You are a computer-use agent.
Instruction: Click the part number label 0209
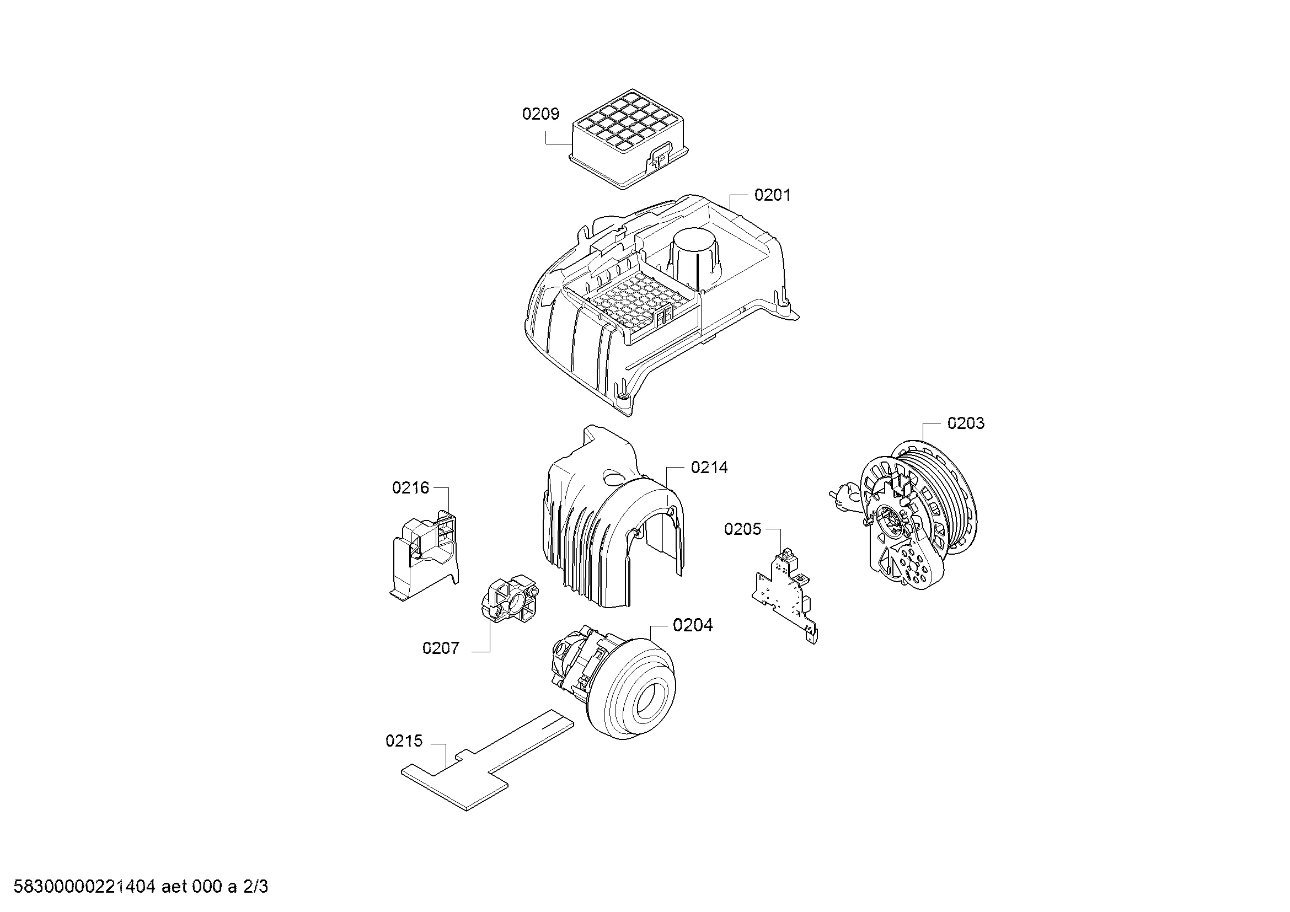(x=540, y=114)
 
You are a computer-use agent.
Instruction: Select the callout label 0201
(x=773, y=195)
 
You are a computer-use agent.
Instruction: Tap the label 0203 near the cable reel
(x=966, y=423)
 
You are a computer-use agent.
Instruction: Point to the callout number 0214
(x=710, y=468)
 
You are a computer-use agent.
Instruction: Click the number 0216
(x=411, y=488)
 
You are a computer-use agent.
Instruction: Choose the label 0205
(x=743, y=529)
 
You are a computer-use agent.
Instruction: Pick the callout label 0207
(x=441, y=648)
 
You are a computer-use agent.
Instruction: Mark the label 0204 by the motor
(x=693, y=625)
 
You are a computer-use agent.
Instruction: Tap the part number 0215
(x=404, y=741)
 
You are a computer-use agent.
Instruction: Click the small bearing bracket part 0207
(x=509, y=599)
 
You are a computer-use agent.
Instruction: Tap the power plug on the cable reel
(x=841, y=496)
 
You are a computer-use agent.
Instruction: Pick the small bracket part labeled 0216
(x=424, y=554)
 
